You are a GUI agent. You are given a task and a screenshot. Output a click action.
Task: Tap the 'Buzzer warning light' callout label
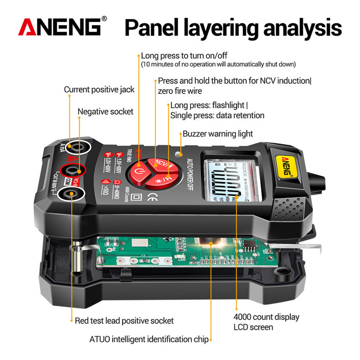[x=218, y=134]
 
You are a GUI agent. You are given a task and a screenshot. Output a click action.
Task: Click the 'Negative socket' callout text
[x=106, y=111]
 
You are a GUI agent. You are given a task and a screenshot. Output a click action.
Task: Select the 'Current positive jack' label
[x=99, y=90]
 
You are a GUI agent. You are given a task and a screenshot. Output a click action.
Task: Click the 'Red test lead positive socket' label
[x=124, y=321]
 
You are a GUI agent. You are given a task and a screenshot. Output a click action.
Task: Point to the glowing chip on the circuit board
[x=211, y=246]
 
